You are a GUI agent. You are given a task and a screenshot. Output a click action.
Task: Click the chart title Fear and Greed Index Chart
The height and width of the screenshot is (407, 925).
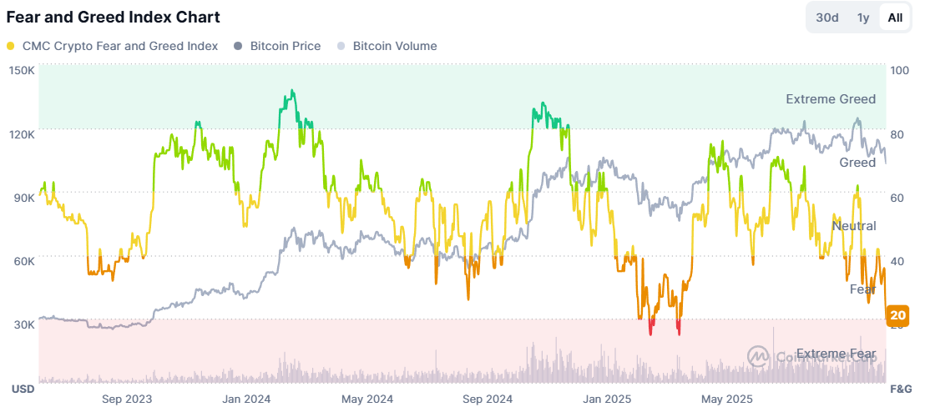(x=114, y=17)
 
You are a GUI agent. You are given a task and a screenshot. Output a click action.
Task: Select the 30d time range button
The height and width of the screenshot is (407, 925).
(x=827, y=18)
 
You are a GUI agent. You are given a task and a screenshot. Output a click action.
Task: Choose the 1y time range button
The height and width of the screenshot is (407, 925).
(x=863, y=18)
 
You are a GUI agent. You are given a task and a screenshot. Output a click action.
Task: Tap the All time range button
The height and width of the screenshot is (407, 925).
(x=895, y=18)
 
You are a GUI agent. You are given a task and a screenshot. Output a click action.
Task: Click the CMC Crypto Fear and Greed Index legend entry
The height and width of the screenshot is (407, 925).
(x=112, y=46)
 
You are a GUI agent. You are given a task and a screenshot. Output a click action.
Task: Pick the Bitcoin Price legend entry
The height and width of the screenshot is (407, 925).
(x=277, y=46)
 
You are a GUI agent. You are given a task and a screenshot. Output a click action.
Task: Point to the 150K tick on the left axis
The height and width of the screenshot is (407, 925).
(x=22, y=71)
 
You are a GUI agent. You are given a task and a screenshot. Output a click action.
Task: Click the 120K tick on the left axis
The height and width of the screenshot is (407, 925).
(x=22, y=134)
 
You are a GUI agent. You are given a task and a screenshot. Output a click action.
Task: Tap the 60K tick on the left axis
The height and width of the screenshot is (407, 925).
(x=23, y=261)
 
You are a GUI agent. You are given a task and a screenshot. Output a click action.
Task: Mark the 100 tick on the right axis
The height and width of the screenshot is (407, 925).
(x=901, y=71)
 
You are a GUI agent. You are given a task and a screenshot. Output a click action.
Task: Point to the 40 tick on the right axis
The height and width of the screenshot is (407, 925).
(x=898, y=261)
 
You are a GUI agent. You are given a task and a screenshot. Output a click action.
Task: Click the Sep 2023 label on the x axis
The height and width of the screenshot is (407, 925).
(x=126, y=399)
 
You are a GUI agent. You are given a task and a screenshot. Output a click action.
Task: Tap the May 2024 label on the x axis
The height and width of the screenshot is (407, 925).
(x=367, y=399)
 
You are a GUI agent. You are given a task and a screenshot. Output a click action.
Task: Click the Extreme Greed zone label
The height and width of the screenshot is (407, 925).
(x=831, y=99)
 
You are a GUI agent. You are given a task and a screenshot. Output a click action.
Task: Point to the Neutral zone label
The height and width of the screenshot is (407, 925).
(x=854, y=226)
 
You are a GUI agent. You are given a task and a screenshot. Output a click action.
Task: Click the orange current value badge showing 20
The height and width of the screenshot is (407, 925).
(x=898, y=315)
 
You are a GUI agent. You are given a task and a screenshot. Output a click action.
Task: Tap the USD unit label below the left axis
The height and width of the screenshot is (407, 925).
(x=22, y=389)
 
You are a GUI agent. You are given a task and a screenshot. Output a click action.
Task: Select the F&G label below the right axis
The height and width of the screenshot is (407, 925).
(x=901, y=389)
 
